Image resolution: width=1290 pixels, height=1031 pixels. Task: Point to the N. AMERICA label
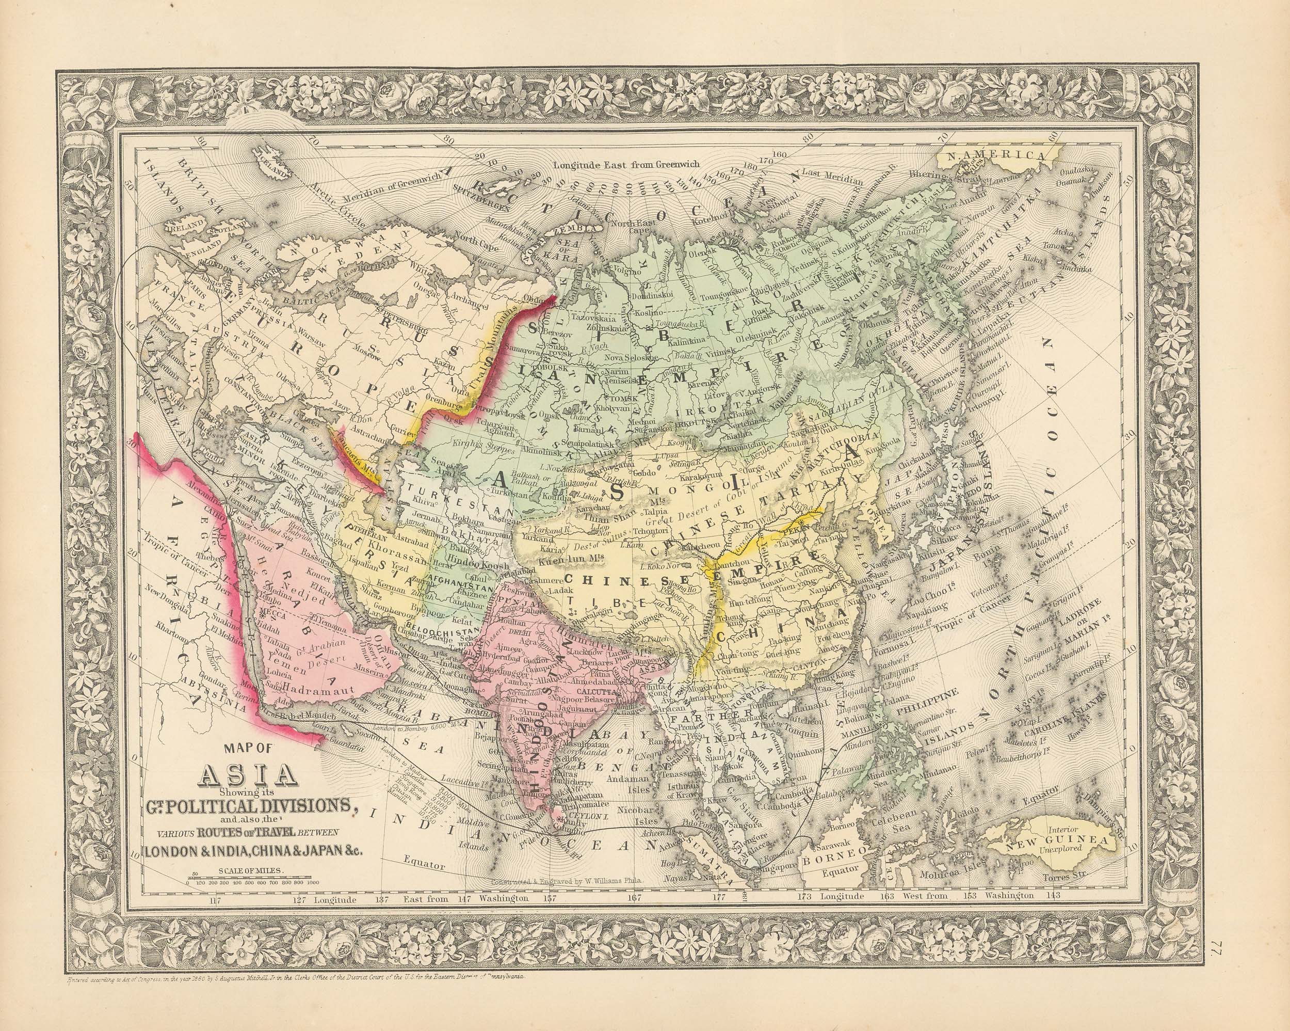tap(994, 156)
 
